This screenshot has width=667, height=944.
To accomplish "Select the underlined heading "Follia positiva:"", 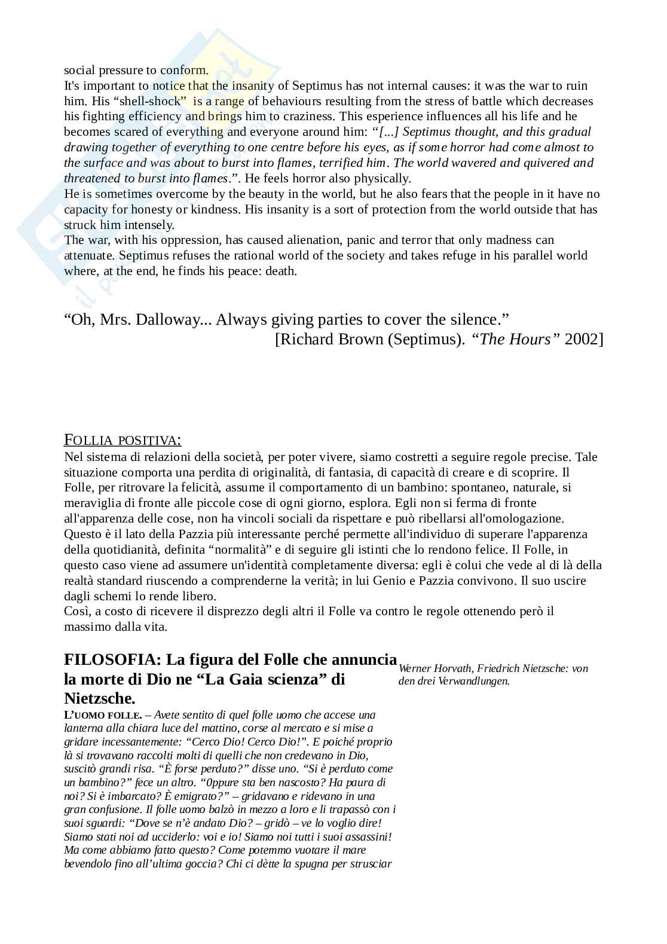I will coord(123,441).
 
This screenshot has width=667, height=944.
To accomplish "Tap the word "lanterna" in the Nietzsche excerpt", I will coord(84,728).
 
